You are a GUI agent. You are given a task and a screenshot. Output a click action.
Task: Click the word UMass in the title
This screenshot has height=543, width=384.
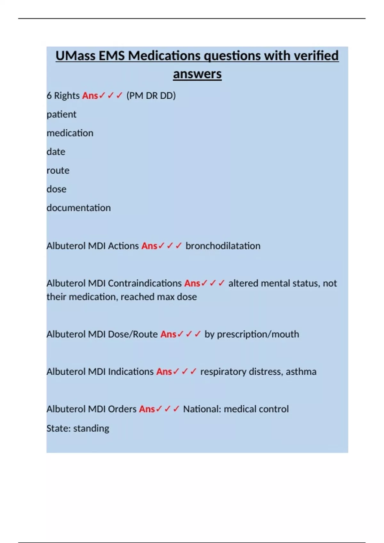[x=75, y=56]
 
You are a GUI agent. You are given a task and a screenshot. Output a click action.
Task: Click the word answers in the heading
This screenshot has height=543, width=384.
[x=197, y=74]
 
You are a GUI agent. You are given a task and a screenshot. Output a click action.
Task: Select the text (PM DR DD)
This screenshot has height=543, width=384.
[x=151, y=96]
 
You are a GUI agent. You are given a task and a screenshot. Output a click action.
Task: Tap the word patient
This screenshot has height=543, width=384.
[x=61, y=114]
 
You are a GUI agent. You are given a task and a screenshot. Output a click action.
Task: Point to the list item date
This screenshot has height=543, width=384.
[x=56, y=152]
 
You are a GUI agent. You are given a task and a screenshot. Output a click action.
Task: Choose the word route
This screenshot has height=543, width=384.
[x=58, y=171]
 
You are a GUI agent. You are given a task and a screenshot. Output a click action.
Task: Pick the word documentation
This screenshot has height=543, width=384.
[x=79, y=208]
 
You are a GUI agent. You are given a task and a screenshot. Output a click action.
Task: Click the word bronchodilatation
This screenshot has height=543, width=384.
[x=223, y=246]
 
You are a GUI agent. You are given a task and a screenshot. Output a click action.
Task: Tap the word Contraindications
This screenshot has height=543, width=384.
[x=145, y=283]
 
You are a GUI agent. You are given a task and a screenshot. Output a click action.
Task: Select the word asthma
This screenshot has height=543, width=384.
[x=301, y=372]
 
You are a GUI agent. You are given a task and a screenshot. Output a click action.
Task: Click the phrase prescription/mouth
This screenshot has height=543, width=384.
[x=258, y=334]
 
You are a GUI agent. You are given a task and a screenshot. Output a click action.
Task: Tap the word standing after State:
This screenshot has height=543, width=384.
[x=91, y=428]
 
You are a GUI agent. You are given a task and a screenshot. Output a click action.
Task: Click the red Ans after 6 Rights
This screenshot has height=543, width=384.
[x=90, y=96]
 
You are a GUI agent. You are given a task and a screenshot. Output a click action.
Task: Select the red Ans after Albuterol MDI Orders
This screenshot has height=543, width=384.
[x=147, y=409]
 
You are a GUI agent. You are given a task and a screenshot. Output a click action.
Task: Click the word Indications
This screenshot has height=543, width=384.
[x=131, y=372]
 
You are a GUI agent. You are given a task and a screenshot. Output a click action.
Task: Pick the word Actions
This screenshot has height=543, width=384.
[x=123, y=246]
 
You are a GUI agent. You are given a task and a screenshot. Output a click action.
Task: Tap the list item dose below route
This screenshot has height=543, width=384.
[x=56, y=189]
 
